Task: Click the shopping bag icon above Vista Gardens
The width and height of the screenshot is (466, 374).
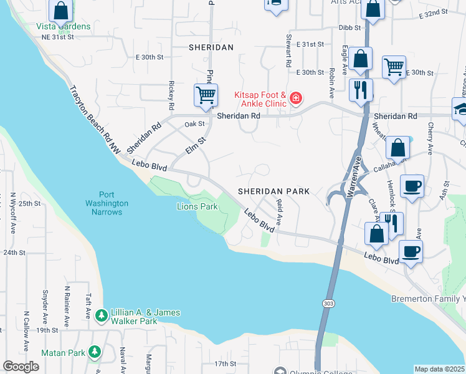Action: [x=60, y=11]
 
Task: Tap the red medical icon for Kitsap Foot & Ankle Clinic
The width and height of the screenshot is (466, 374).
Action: [x=295, y=98]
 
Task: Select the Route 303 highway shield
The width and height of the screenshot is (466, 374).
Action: [x=327, y=302]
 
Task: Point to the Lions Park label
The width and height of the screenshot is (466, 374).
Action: [x=197, y=206]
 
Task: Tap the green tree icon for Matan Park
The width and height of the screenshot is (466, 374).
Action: [x=94, y=352]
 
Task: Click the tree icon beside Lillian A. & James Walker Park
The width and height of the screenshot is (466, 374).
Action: [x=102, y=316]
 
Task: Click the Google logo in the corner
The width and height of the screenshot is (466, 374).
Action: [x=21, y=367]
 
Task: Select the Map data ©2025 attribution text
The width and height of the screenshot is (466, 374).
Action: [x=439, y=369]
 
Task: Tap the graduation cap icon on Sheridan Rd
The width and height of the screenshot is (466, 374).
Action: [x=460, y=108]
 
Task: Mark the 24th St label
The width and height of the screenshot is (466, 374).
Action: [x=14, y=252]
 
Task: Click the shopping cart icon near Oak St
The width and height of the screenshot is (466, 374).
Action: [x=205, y=95]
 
